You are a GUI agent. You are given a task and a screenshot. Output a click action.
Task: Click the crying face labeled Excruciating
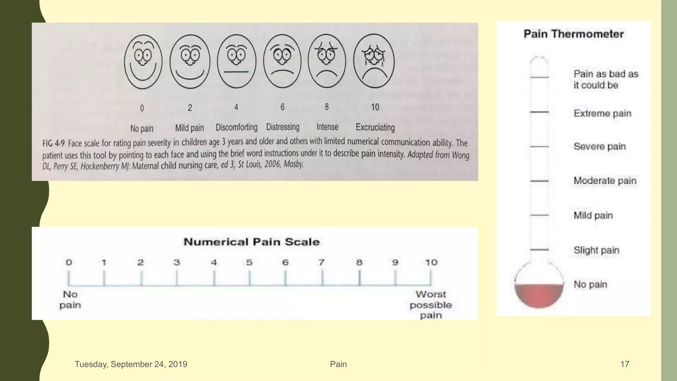click(374, 62)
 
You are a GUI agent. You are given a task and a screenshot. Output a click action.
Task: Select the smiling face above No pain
click(143, 62)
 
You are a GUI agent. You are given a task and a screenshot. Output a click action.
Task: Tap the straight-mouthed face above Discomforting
click(236, 62)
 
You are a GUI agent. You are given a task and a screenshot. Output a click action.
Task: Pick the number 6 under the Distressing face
click(282, 107)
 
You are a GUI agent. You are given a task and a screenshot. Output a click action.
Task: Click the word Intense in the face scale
click(327, 127)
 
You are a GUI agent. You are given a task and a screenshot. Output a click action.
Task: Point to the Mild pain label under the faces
click(189, 128)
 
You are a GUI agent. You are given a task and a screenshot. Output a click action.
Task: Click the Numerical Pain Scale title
click(252, 242)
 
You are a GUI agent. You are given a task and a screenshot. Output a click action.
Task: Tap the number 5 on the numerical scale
click(249, 263)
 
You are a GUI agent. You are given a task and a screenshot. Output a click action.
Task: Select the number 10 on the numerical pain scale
click(431, 263)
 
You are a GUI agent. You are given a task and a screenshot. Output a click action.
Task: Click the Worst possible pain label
click(431, 305)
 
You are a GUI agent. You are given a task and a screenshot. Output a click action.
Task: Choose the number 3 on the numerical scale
click(177, 263)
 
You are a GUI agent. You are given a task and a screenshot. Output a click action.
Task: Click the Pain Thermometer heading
click(574, 34)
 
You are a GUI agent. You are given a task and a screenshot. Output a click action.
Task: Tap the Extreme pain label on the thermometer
click(602, 113)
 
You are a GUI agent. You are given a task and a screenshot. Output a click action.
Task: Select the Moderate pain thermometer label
click(605, 181)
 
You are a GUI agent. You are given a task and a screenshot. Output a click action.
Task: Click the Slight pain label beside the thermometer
click(596, 250)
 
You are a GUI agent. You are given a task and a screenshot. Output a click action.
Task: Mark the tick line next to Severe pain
click(539, 147)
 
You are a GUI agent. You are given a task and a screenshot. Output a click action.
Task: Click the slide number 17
click(624, 364)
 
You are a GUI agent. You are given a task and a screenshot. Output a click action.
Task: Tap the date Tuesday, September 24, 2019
click(131, 364)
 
